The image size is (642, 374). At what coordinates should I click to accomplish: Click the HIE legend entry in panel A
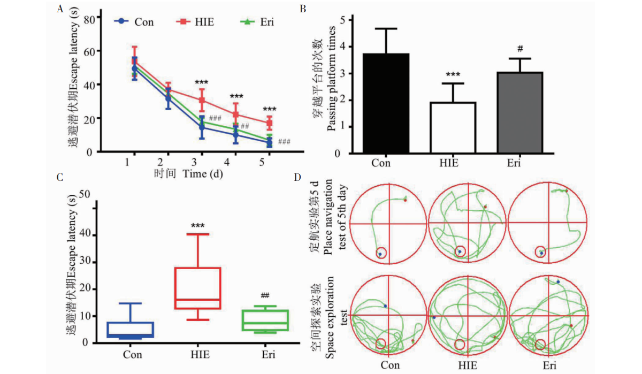click(x=196, y=22)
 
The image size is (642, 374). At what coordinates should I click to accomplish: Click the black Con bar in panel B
click(x=386, y=103)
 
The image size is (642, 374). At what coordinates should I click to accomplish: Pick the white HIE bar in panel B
click(x=453, y=128)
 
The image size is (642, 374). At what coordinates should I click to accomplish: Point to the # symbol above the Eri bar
click(x=519, y=49)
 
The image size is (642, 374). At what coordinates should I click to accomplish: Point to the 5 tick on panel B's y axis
click(x=349, y=20)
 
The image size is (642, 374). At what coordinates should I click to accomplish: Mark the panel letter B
click(x=303, y=9)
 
